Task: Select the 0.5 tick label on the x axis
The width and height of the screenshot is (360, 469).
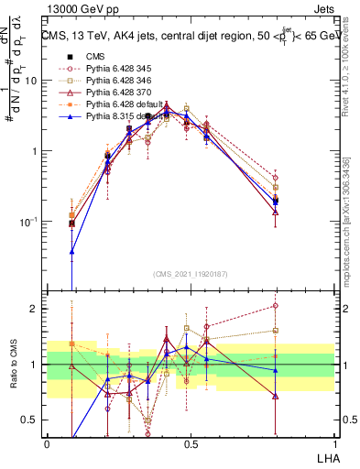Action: pyautogui.click(x=191, y=442)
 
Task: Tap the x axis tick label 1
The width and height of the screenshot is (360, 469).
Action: pyautogui.click(x=334, y=442)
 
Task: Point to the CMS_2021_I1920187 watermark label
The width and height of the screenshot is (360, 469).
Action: pyautogui.click(x=190, y=273)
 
